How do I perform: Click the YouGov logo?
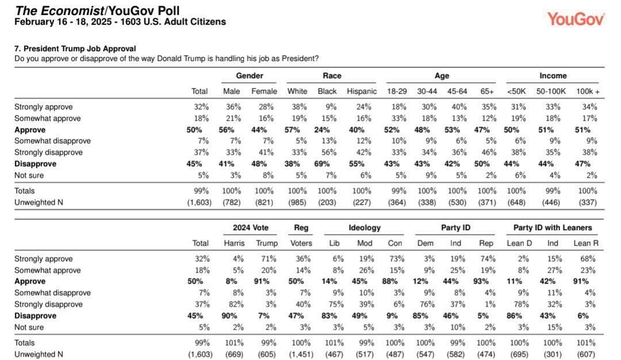576,19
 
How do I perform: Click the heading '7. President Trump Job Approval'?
75,49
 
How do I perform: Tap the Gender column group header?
250,76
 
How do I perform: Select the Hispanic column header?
362,91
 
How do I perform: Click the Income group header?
553,76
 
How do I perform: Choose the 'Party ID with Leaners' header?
553,228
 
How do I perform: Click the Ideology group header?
365,228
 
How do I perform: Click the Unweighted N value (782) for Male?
231,202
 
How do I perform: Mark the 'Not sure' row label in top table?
29,175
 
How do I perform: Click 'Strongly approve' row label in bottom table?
44,259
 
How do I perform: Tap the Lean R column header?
586,243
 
